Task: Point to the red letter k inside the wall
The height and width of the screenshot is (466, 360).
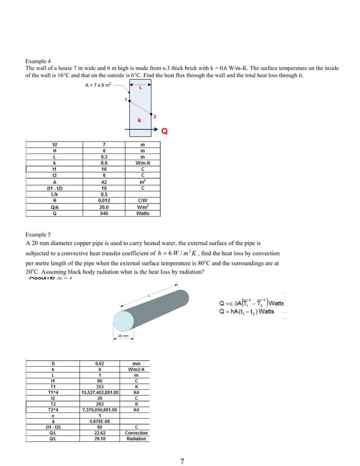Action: coord(139,121)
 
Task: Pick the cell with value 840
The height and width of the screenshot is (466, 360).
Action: coord(103,214)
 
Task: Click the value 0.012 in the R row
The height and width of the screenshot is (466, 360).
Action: coord(103,200)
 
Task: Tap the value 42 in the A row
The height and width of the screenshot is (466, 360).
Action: coord(103,182)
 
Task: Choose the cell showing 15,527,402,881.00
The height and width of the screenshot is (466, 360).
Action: coord(99,393)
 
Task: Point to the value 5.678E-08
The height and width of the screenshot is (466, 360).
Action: coord(99,421)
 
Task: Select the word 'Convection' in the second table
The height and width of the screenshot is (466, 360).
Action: coord(136,433)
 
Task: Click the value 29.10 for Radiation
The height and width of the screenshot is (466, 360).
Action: coord(99,438)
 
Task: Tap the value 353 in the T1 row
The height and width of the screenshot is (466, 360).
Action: coord(99,387)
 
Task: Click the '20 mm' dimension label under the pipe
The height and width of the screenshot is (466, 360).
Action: coord(124,336)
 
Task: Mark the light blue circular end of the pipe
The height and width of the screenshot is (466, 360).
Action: coord(125,320)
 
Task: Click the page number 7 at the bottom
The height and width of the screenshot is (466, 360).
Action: coord(182,461)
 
